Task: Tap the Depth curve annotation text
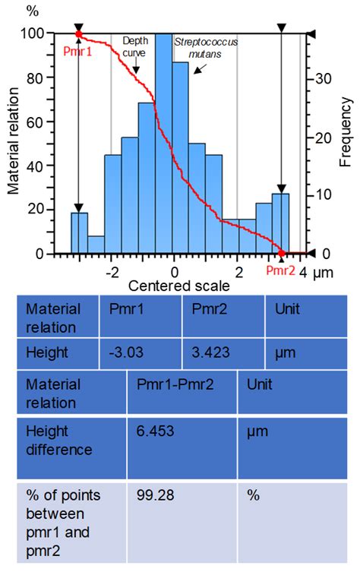(136, 46)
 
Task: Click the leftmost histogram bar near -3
(79, 233)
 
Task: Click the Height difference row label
(55, 440)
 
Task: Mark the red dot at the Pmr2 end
(281, 254)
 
